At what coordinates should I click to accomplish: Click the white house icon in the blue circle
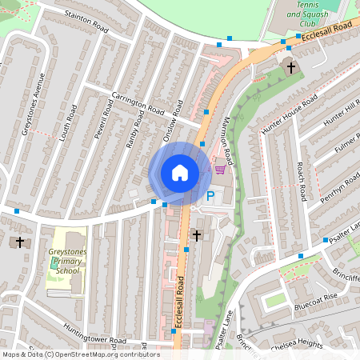tap(180, 173)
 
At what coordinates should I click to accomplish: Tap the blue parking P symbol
tap(210, 195)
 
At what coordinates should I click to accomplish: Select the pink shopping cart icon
tap(220, 169)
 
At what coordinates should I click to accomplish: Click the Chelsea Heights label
tap(297, 344)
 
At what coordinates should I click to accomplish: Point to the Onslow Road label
tap(173, 121)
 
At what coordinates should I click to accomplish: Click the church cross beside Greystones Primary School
tap(20, 241)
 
